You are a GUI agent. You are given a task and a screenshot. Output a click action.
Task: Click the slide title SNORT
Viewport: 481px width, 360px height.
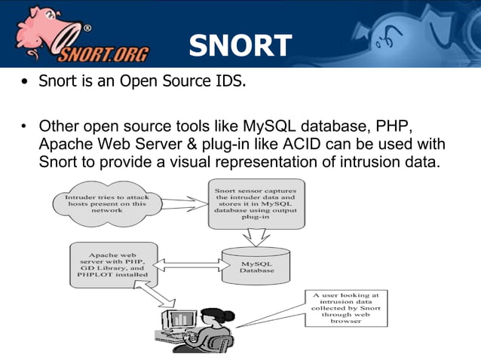coord(240,47)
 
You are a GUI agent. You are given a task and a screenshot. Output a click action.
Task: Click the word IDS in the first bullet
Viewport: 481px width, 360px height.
coord(229,81)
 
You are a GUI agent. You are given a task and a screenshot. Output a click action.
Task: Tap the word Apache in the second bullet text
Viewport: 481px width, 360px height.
coord(64,143)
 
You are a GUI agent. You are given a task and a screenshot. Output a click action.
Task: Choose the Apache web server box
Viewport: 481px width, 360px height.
coord(113,264)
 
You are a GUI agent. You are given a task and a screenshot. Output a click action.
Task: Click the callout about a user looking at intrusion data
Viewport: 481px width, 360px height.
coord(345,307)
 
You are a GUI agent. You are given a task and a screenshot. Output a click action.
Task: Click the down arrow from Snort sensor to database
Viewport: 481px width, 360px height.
coord(254,236)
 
